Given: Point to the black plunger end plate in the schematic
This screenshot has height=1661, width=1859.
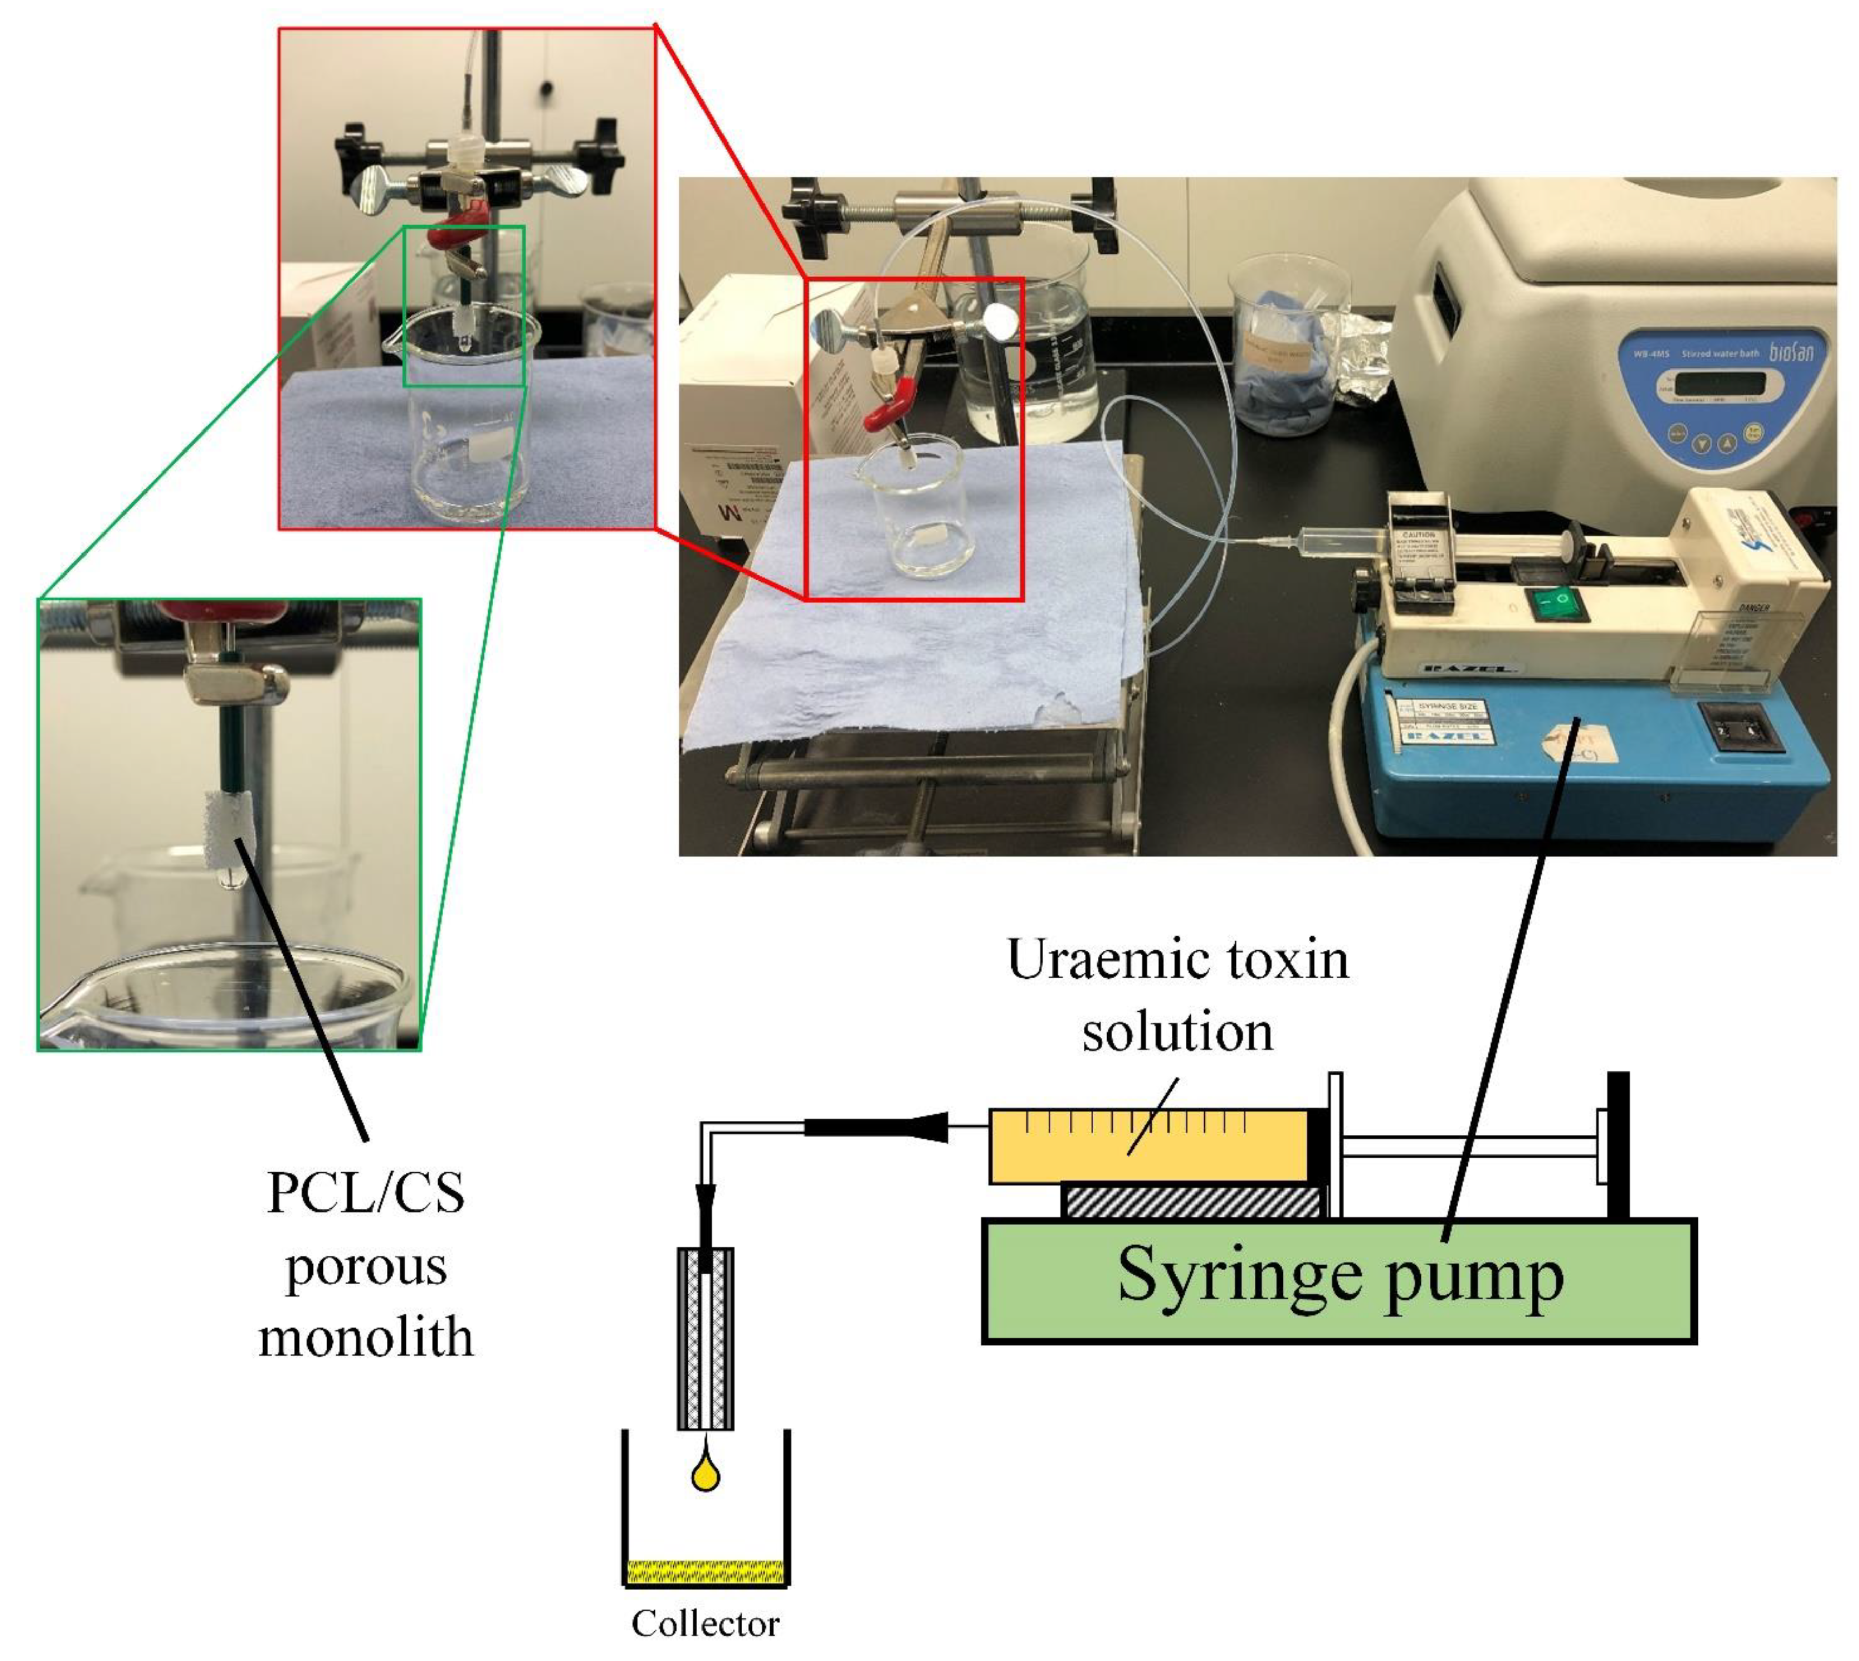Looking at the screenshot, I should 1617,1145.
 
